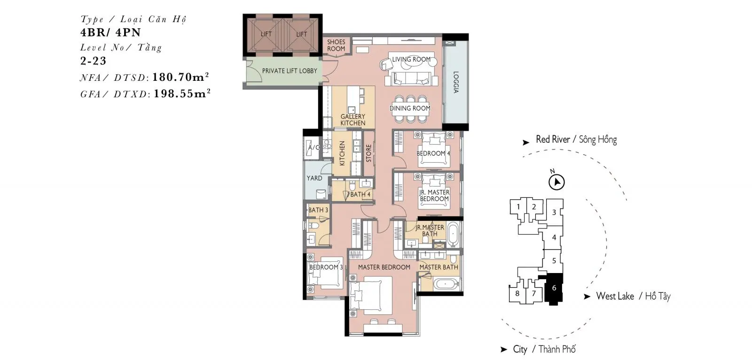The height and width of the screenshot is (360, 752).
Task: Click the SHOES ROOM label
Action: pos(336,45)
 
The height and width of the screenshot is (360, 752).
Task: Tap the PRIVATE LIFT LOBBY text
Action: pos(290,71)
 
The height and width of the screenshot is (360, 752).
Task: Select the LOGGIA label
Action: pos(455,82)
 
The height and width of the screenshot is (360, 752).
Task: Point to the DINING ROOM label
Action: pos(409,108)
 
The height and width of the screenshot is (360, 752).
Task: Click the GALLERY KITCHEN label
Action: pos(352,120)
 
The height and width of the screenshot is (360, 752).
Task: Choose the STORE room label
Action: pos(368,153)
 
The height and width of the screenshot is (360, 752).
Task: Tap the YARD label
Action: pos(314,178)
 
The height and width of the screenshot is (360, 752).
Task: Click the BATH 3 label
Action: pos(318,210)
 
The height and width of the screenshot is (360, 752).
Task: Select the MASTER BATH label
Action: pos(439,267)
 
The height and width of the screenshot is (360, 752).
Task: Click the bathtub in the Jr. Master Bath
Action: pos(453,234)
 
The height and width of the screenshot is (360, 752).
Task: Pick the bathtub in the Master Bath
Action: pos(446,284)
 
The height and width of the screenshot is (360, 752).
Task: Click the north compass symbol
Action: pos(556,182)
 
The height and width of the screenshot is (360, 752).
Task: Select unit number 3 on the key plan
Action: pos(554,212)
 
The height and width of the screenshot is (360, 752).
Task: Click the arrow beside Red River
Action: pos(526,142)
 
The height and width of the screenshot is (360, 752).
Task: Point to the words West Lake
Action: pos(615,296)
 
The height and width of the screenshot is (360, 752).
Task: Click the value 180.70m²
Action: pos(180,77)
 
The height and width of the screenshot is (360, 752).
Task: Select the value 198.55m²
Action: pos(182,94)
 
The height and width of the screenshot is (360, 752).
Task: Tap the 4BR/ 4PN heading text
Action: pos(110,32)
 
